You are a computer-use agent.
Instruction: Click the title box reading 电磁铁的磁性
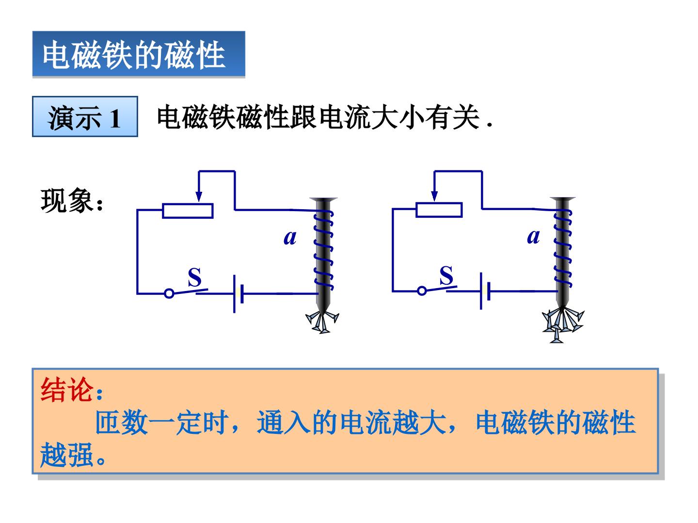[x=139, y=54]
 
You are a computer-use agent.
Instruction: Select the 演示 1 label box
[x=85, y=117]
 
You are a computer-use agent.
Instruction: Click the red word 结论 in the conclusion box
[x=67, y=390]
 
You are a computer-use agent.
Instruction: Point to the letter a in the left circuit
[x=290, y=238]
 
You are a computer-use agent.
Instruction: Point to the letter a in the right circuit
[x=533, y=237]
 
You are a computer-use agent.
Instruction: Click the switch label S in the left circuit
[x=194, y=277]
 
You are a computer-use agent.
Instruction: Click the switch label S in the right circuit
[x=446, y=276]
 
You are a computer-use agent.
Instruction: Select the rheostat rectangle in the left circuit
[x=188, y=211]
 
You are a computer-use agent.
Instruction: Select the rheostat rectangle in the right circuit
[x=439, y=210]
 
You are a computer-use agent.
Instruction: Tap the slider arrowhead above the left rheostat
[x=199, y=196]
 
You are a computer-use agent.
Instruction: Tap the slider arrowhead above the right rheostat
[x=434, y=196]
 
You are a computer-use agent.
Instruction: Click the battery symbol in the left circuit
[x=238, y=294]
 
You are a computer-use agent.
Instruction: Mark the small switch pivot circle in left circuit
[x=169, y=293]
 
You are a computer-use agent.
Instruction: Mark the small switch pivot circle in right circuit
[x=422, y=291]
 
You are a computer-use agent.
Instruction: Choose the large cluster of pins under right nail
[x=563, y=325]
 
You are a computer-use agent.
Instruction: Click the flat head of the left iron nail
[x=323, y=200]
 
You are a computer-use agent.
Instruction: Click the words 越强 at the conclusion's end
[x=66, y=454]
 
